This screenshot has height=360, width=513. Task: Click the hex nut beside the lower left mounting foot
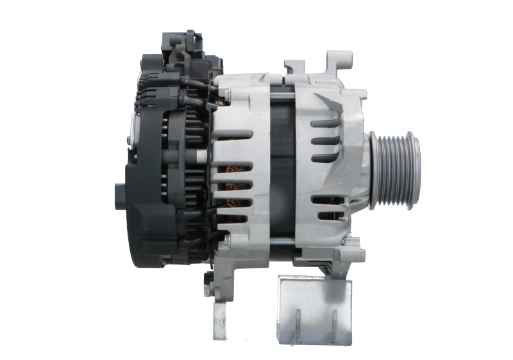coord(208,277)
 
